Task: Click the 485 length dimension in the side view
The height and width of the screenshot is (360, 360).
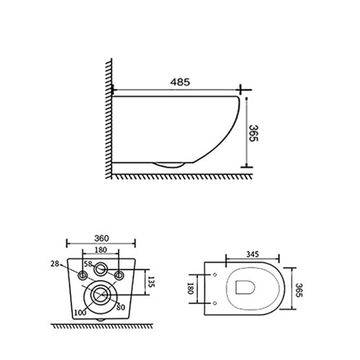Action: pyautogui.click(x=180, y=83)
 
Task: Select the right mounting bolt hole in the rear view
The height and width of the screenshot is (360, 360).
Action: pyautogui.click(x=118, y=276)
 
